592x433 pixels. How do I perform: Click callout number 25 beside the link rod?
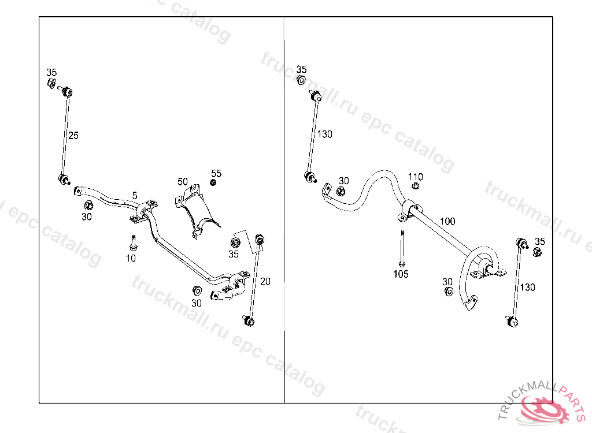coord(73,136)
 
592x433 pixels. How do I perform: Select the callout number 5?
coord(135,196)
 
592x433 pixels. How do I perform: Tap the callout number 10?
coord(131,258)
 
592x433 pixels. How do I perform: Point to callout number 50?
coord(183,181)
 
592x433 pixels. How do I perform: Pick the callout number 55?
coord(216,173)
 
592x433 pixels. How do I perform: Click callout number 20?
coord(265,281)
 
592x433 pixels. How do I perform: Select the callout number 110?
coord(416,177)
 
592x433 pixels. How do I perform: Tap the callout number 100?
coord(447,221)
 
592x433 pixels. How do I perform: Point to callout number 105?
coord(401,274)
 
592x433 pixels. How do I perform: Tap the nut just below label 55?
coord(213,183)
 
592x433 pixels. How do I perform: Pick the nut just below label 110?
coord(415,186)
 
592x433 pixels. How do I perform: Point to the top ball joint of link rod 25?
coord(66,91)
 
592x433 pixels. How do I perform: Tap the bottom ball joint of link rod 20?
coord(250,319)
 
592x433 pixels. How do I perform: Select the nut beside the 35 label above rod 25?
coord(51,84)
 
